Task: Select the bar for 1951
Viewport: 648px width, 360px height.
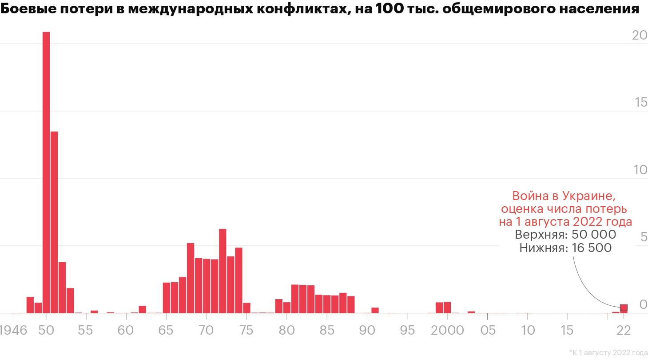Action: pyautogui.click(x=54, y=222)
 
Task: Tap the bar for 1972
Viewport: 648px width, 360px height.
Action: pyautogui.click(x=223, y=271)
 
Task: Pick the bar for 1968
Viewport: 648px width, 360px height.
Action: pyautogui.click(x=191, y=278)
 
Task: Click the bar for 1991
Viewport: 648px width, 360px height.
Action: pyautogui.click(x=375, y=310)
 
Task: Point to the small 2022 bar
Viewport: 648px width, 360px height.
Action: pyautogui.click(x=624, y=308)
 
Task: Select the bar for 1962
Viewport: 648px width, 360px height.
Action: pyautogui.click(x=143, y=309)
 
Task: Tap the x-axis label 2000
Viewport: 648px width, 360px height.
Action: pyautogui.click(x=447, y=330)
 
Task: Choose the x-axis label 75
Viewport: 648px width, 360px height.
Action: pyautogui.click(x=246, y=330)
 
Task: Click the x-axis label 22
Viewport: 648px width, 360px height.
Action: pyautogui.click(x=624, y=330)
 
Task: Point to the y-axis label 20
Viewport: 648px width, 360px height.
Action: pyautogui.click(x=639, y=36)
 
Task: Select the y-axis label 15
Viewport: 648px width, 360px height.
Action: pyautogui.click(x=640, y=103)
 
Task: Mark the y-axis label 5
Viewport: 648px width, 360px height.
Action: pyautogui.click(x=643, y=238)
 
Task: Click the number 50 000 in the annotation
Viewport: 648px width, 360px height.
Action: pyautogui.click(x=594, y=235)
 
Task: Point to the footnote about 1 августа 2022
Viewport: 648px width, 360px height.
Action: pyautogui.click(x=608, y=353)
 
